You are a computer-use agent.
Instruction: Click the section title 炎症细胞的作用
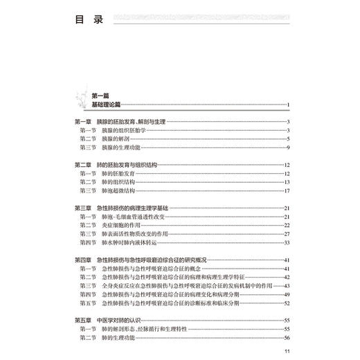125,225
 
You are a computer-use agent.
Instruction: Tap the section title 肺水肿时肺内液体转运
131,242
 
